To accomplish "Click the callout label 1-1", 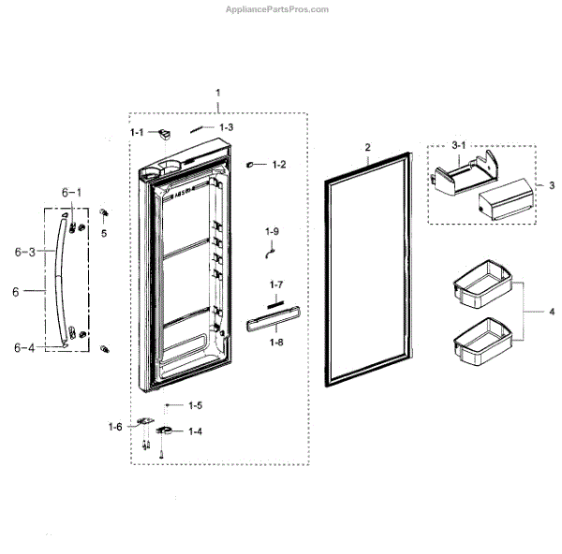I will click(x=137, y=132).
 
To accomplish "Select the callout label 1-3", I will click(x=227, y=126).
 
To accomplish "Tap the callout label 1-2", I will click(x=278, y=165).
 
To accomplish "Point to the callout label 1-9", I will click(x=272, y=230).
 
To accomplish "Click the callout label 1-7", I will click(x=275, y=284).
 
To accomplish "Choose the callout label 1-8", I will click(x=275, y=343).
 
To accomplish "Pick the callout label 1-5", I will click(x=195, y=405).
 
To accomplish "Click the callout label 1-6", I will click(x=115, y=427).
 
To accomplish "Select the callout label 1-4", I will click(x=196, y=431).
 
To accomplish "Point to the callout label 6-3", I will click(x=25, y=253).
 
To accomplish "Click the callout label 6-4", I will click(x=25, y=347).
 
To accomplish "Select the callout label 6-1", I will click(x=72, y=192).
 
